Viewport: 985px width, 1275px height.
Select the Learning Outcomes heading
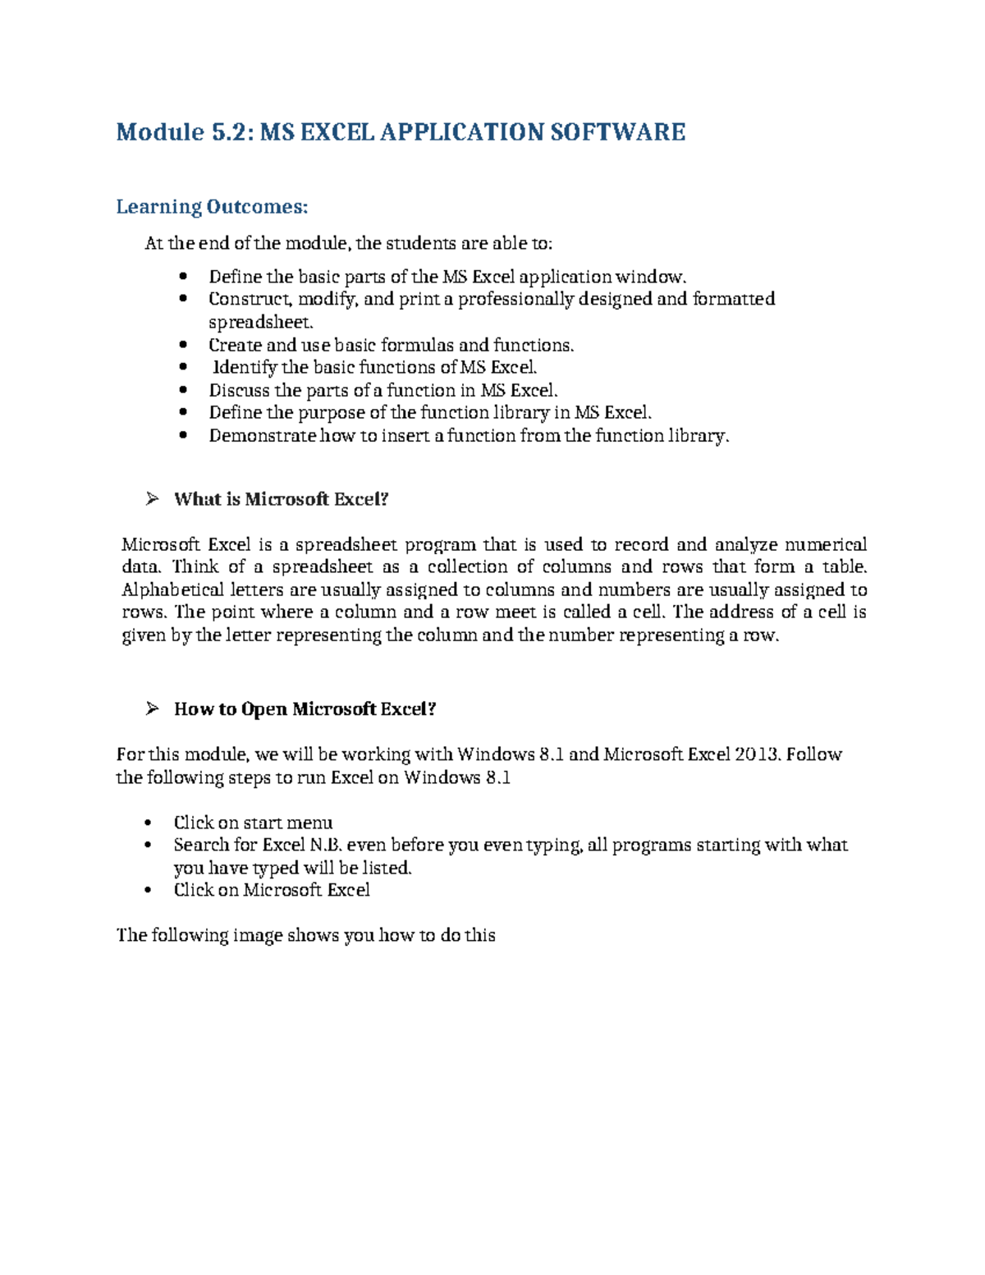[212, 207]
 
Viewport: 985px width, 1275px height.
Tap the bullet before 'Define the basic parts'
[183, 277]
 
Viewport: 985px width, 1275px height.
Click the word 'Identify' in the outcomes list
[245, 367]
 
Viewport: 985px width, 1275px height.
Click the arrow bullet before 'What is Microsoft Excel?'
[152, 498]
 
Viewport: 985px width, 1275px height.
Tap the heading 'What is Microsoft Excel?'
[281, 499]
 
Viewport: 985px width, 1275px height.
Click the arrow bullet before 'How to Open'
[152, 709]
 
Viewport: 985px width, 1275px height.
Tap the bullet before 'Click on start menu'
[148, 823]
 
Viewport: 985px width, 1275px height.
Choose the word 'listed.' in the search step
[387, 868]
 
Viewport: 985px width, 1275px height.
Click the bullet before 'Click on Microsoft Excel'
[148, 890]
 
